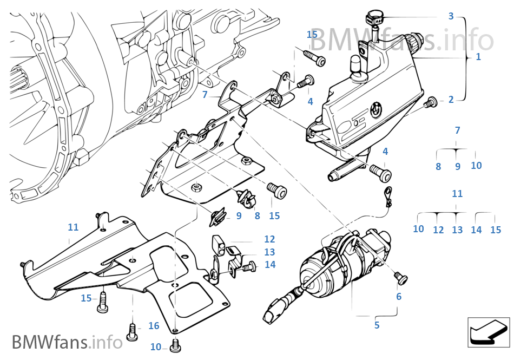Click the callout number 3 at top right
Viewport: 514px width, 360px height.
pyautogui.click(x=451, y=16)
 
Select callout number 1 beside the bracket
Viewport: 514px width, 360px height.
pyautogui.click(x=478, y=56)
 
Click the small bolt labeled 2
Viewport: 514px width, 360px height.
pyautogui.click(x=431, y=101)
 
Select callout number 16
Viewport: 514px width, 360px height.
pyautogui.click(x=154, y=325)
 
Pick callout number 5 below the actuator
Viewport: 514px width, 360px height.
pyautogui.click(x=377, y=325)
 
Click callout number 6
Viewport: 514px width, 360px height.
pyautogui.click(x=399, y=297)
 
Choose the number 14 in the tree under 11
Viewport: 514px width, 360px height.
pyautogui.click(x=476, y=230)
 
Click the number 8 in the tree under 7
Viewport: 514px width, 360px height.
pyautogui.click(x=438, y=167)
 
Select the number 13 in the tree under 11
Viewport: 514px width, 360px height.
pyautogui.click(x=457, y=230)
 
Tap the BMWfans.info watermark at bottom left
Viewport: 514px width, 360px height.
pyautogui.click(x=67, y=342)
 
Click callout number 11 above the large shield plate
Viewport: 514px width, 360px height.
pyautogui.click(x=73, y=227)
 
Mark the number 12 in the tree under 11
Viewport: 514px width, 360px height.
pyautogui.click(x=438, y=230)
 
